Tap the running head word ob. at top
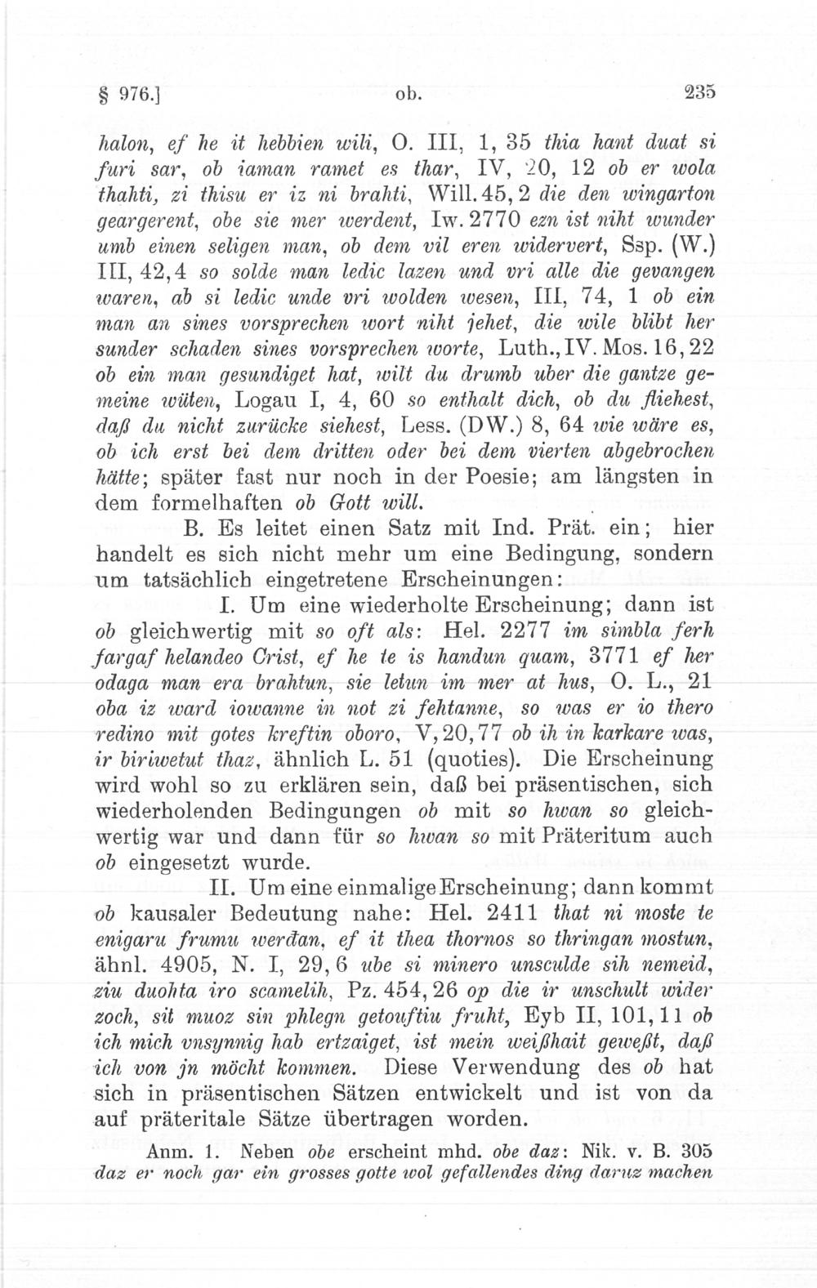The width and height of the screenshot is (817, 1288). point(409,93)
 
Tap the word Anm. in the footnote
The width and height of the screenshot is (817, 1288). point(168,1150)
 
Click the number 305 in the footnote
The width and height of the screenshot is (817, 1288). point(699,1150)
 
